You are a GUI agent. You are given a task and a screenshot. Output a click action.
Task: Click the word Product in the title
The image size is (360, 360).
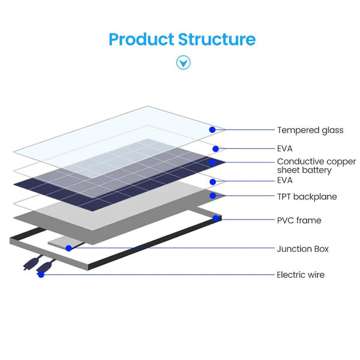click(141, 40)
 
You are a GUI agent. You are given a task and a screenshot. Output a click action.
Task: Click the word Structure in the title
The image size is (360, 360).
click(217, 40)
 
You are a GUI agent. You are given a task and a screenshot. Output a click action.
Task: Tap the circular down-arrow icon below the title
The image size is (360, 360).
click(183, 62)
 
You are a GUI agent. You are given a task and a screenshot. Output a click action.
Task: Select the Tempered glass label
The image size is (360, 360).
click(310, 130)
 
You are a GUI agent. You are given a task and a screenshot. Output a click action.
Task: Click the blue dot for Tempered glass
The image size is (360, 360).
click(212, 130)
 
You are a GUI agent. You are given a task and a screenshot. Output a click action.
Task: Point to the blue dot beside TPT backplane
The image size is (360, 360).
click(212, 196)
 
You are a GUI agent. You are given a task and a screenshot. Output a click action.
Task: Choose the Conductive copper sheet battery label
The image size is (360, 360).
click(316, 166)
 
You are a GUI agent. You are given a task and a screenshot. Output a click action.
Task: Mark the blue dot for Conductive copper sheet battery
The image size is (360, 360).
click(212, 162)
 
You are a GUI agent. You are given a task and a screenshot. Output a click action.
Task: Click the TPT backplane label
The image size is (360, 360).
click(307, 197)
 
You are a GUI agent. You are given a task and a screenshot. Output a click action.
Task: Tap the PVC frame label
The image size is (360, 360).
click(299, 220)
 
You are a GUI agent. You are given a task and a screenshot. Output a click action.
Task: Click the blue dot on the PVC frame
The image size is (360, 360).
click(215, 218)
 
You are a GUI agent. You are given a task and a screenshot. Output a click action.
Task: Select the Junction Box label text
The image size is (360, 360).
click(302, 248)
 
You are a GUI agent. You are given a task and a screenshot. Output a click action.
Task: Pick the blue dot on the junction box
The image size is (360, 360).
click(69, 248)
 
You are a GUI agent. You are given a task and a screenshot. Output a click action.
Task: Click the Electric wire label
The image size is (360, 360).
click(300, 275)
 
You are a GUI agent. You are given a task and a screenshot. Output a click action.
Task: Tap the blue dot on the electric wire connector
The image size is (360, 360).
click(41, 274)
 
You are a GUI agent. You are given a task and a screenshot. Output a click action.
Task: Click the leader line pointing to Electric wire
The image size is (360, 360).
click(156, 275)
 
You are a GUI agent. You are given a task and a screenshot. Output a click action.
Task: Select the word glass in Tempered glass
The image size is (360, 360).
click(331, 130)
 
